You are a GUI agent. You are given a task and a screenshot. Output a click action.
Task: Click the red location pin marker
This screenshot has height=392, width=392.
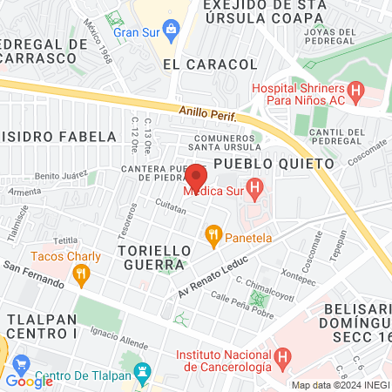coord(196,176)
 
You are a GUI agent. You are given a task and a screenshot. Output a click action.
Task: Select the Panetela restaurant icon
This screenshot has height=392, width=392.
coord(212,233)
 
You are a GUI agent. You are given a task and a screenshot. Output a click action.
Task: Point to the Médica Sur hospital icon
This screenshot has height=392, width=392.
coord(254,186)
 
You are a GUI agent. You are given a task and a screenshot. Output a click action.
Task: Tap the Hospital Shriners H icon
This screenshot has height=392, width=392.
coord(355,89)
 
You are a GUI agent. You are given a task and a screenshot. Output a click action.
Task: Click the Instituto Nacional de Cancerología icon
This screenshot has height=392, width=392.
coord(283,356)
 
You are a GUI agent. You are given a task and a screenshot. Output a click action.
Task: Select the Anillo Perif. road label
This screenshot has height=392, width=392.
coord(208,115)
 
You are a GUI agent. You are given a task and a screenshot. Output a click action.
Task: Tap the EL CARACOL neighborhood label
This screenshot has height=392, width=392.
coord(210,64)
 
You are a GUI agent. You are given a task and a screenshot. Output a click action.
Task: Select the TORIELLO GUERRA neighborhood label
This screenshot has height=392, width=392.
coord(151,257)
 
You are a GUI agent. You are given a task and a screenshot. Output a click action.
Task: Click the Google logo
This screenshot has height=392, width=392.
coord(29,381)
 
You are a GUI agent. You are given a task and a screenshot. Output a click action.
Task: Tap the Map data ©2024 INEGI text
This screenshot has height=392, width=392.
coord(339,385)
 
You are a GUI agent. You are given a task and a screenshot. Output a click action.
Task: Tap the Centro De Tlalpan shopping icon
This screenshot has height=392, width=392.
coord(22,363)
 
